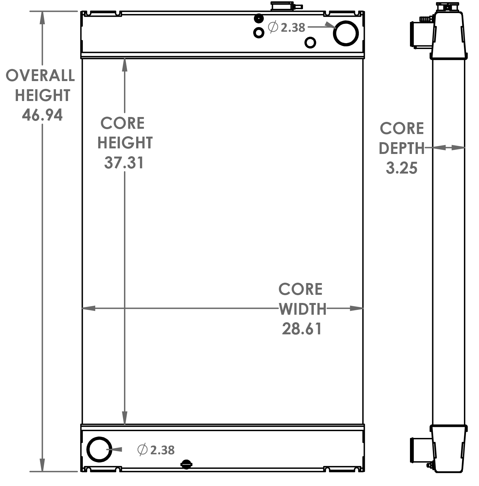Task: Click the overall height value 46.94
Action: click(42, 115)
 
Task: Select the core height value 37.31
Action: click(124, 163)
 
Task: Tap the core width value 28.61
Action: click(302, 329)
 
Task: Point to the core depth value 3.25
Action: click(401, 168)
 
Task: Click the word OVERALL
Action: click(40, 75)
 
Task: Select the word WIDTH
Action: click(303, 309)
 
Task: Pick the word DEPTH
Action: click(401, 148)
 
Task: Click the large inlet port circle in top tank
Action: click(346, 33)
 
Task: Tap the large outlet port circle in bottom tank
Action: click(99, 449)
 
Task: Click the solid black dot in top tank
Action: click(259, 19)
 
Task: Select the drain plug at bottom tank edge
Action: click(186, 464)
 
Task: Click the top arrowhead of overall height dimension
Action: click(42, 18)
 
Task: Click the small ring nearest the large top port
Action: click(310, 42)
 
